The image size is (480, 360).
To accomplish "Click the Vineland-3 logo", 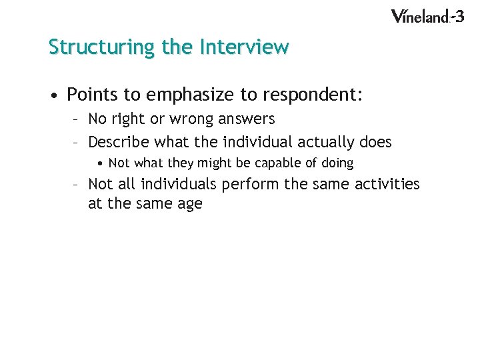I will (427, 16).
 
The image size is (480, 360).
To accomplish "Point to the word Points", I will (93, 95).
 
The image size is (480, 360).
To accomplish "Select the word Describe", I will (118, 142).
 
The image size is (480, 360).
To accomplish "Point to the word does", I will (374, 142).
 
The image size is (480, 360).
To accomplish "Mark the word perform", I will (248, 184).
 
